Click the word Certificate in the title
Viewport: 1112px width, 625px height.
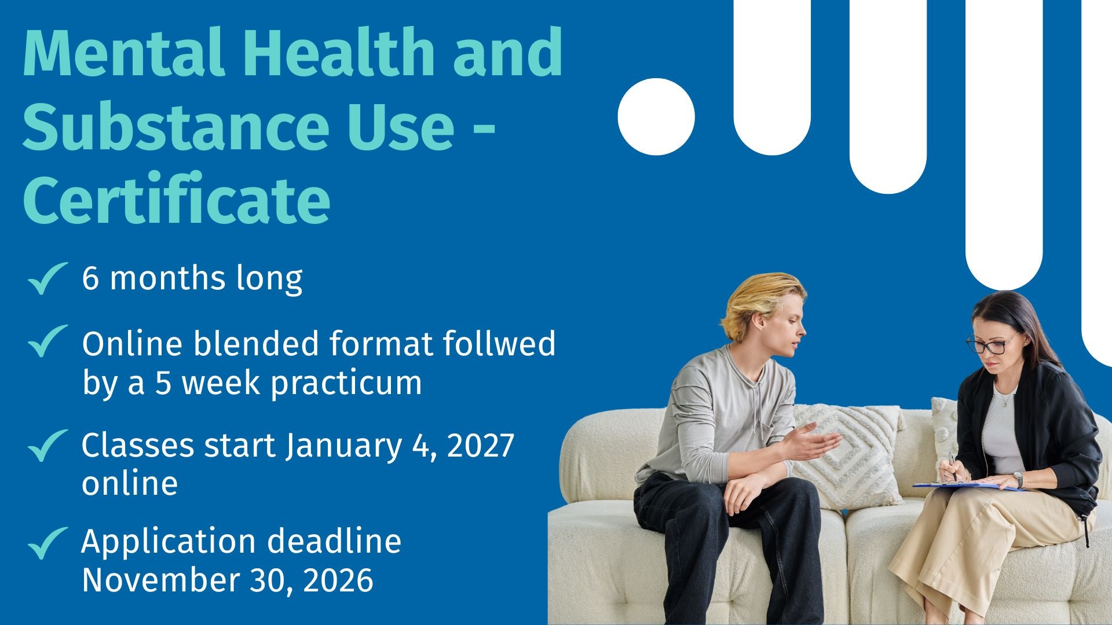[x=177, y=200]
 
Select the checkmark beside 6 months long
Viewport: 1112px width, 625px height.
[x=47, y=278]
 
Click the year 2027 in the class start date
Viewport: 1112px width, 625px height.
[x=481, y=446]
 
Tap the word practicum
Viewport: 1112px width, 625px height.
[x=346, y=384]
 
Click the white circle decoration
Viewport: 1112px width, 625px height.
[x=656, y=117]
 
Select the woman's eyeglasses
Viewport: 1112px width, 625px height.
[x=992, y=344]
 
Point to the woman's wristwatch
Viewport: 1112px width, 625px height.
[x=1018, y=480]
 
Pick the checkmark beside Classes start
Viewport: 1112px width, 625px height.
[x=47, y=446]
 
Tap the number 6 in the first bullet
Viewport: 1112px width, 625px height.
[x=90, y=278]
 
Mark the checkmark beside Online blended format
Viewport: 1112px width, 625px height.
[x=47, y=341]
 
